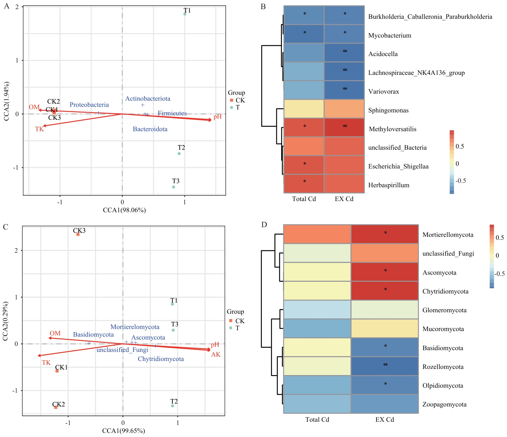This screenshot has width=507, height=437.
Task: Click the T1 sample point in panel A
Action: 185,14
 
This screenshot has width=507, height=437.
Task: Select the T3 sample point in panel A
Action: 173,187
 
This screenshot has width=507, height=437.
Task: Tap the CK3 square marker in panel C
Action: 78,234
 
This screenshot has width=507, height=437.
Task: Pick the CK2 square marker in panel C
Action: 56,407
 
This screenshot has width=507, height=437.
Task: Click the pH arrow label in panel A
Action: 217,117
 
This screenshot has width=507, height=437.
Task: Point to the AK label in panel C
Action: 216,355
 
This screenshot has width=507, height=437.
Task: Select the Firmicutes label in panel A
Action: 172,113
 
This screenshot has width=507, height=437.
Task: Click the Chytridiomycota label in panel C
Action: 161,359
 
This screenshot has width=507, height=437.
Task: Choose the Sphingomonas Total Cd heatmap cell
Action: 304,109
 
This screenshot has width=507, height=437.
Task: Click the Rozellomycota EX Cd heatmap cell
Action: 385,366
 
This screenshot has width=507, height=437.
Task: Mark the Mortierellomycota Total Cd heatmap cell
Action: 317,234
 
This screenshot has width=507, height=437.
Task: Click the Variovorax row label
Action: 384,92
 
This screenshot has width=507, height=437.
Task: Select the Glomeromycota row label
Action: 444,310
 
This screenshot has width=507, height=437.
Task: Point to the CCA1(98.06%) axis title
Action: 124,210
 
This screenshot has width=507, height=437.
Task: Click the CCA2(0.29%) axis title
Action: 5,321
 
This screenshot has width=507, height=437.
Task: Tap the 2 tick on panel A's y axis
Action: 17,7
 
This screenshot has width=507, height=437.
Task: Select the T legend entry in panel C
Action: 237,328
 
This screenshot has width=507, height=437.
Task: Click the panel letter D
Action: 264,225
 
